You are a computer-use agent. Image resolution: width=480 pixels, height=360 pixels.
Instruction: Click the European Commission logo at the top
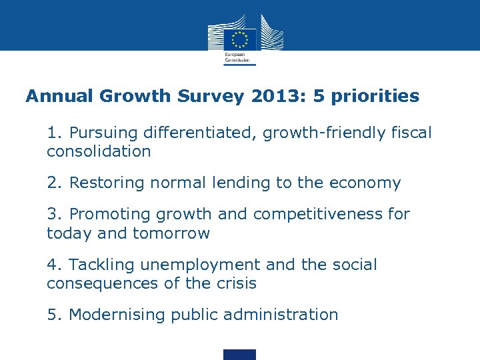239,39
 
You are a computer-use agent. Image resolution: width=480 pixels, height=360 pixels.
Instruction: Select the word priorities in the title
378,97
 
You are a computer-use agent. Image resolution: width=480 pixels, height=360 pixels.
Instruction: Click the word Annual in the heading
60,97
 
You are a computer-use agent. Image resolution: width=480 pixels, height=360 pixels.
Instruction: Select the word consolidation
99,151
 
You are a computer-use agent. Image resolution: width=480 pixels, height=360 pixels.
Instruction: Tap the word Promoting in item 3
110,215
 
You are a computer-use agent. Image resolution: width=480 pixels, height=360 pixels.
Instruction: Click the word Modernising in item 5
117,315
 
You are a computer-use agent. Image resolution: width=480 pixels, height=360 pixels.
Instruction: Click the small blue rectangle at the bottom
239,354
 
